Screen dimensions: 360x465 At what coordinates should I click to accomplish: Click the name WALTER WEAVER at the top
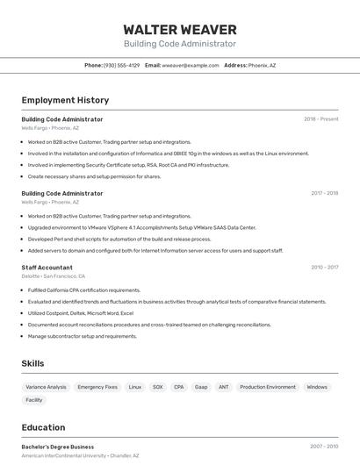180,29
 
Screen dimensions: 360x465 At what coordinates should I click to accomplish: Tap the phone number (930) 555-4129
121,65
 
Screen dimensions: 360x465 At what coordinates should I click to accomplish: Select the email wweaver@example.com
190,65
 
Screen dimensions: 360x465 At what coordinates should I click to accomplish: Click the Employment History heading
65,100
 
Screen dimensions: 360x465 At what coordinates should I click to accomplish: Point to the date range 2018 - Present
320,119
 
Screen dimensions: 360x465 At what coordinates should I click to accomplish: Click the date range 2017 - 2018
324,193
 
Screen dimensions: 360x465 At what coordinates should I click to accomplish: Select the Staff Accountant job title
47,268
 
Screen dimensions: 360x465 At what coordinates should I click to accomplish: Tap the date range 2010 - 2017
324,268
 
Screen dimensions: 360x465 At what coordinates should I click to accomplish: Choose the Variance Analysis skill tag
46,387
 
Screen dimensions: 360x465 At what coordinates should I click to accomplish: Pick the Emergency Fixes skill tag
97,387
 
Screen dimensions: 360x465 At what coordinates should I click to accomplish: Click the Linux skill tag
134,387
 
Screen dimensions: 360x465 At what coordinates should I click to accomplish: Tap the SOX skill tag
157,387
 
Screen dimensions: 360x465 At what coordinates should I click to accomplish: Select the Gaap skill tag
201,387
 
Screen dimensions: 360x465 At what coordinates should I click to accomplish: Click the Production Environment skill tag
268,387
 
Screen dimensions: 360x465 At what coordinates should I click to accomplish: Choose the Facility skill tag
34,400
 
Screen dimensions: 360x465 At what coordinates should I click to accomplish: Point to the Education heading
43,427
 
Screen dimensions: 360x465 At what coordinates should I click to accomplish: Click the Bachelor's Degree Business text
57,447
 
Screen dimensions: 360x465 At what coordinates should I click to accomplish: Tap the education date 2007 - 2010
324,447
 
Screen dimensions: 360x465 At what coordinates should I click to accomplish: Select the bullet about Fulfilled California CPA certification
84,290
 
